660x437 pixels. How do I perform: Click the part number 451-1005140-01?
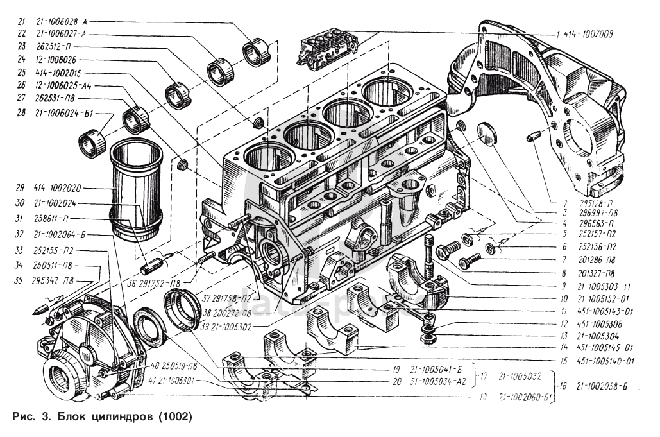[607, 361]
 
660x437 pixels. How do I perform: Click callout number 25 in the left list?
[21, 73]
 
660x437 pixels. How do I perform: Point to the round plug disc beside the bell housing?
[489, 135]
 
